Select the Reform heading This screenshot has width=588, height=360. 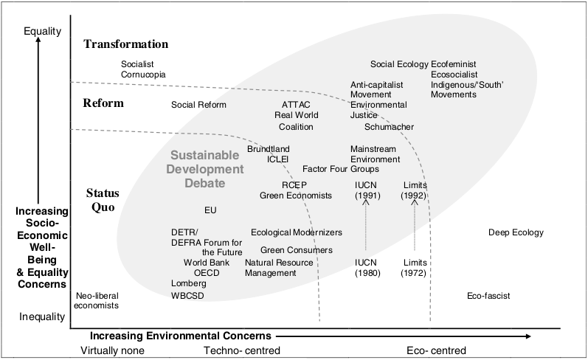[103, 103]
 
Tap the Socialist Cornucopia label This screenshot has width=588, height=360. [143, 69]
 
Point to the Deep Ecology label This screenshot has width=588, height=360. [516, 233]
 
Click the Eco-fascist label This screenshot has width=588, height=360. [488, 297]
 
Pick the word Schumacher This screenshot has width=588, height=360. [389, 127]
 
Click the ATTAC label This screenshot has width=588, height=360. [296, 105]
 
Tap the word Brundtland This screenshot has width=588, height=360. [269, 149]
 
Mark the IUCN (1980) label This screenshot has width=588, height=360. [366, 268]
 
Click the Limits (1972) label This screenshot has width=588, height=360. [415, 268]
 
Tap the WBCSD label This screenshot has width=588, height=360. [187, 297]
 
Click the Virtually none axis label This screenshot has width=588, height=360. [112, 350]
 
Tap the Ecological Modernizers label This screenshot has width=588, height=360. [297, 233]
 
